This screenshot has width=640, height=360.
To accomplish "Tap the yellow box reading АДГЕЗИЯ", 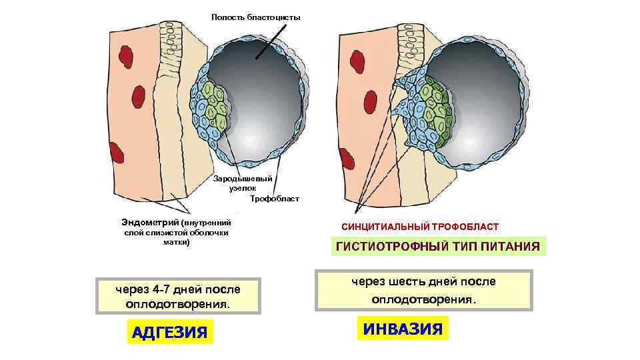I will [x=169, y=331].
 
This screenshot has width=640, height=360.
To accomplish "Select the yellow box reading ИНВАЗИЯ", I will [x=403, y=328].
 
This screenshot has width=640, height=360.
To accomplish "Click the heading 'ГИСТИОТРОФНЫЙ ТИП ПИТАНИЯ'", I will [x=438, y=247].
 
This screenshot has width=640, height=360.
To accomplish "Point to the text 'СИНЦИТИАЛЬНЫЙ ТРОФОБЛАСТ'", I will [x=420, y=227].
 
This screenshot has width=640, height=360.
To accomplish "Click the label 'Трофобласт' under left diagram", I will [x=275, y=199].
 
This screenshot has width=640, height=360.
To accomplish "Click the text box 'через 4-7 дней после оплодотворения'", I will [x=177, y=296].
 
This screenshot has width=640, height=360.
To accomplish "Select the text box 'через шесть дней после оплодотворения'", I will [x=424, y=290].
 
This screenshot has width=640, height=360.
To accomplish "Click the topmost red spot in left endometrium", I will [x=125, y=54].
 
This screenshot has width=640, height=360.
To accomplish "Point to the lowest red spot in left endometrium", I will [x=117, y=153].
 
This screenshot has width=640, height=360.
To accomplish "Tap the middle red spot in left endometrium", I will [x=139, y=96].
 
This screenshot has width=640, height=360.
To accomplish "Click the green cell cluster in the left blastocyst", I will [x=217, y=107].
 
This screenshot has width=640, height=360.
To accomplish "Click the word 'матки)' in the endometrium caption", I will [x=177, y=243].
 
